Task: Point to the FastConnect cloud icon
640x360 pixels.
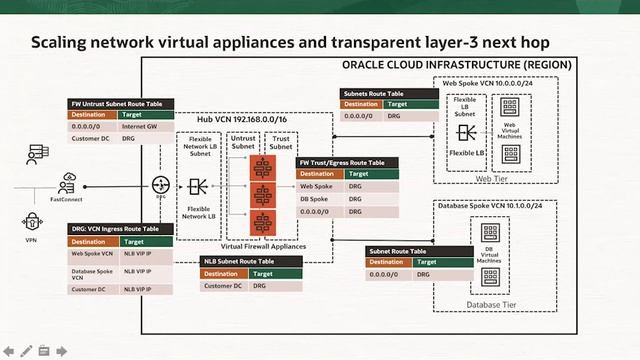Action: coord(67,181)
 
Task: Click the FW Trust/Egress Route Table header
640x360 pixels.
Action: coord(341,161)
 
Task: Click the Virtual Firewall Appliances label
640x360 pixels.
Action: coord(263,243)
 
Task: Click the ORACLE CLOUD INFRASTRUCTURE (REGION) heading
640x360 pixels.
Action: coord(457,64)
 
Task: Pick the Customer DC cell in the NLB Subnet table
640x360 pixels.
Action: coord(222,285)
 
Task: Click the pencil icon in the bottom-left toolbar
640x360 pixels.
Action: coord(27,351)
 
